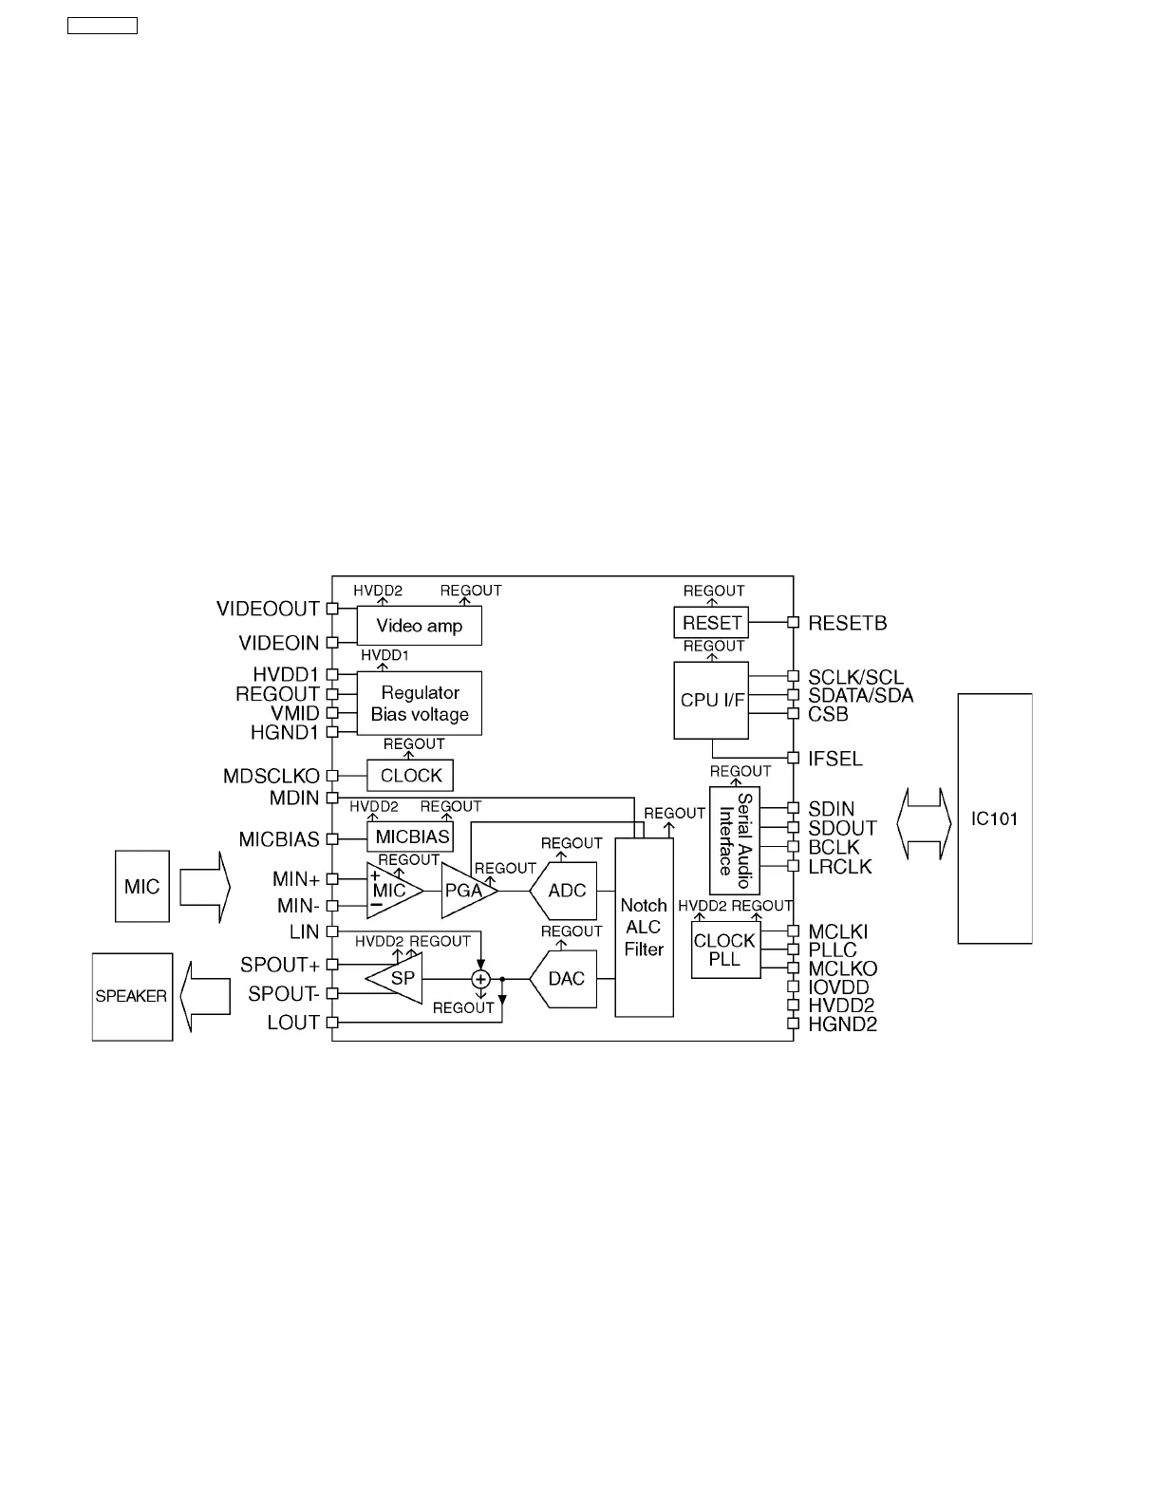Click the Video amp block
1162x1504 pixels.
419,626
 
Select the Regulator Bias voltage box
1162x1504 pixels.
419,704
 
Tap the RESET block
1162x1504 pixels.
711,623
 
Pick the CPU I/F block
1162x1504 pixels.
711,701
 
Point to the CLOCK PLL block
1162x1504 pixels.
725,949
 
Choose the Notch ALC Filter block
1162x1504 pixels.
644,928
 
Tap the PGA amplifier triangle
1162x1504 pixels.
465,891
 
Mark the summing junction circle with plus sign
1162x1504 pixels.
480,979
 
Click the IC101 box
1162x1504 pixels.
994,818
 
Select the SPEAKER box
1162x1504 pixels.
132,997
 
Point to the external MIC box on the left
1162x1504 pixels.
142,887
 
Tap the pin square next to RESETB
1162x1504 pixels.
794,623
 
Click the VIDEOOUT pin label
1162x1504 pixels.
268,609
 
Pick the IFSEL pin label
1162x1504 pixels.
835,759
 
